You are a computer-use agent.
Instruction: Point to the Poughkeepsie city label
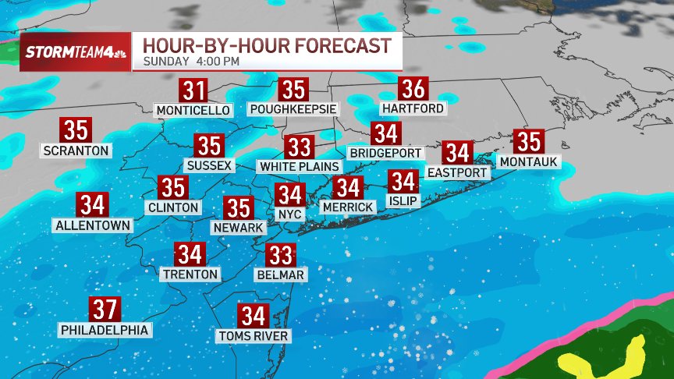295,110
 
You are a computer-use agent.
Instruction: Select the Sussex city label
209,165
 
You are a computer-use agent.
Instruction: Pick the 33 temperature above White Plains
299,147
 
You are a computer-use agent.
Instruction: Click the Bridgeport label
385,153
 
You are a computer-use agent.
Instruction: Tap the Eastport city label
457,172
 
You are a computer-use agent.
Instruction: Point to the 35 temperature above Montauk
530,143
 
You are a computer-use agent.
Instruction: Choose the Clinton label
173,208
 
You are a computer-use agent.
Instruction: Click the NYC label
289,213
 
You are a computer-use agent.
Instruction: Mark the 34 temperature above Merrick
348,188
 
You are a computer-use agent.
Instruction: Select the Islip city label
403,201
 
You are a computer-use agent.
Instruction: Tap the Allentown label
92,225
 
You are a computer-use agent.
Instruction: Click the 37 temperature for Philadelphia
105,310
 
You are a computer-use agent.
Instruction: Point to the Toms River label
254,336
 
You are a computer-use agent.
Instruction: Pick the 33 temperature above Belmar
280,255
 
